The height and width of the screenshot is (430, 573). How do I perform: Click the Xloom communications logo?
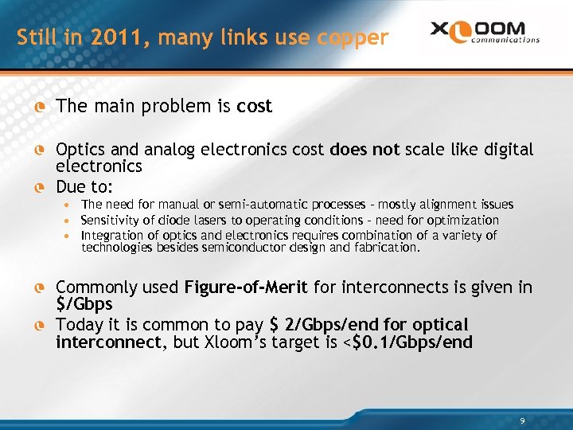pyautogui.click(x=485, y=32)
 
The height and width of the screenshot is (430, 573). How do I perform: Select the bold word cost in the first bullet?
pyautogui.click(x=255, y=106)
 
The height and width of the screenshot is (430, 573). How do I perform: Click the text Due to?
pyautogui.click(x=84, y=188)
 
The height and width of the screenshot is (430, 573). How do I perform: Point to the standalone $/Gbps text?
pyautogui.click(x=84, y=304)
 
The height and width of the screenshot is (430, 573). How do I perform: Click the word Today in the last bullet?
pyautogui.click(x=80, y=325)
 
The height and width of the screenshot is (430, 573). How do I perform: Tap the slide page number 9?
pyautogui.click(x=521, y=420)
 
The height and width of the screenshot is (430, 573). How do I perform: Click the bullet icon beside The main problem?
pyautogui.click(x=37, y=107)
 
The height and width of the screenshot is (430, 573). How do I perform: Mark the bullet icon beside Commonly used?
pyautogui.click(x=37, y=287)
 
